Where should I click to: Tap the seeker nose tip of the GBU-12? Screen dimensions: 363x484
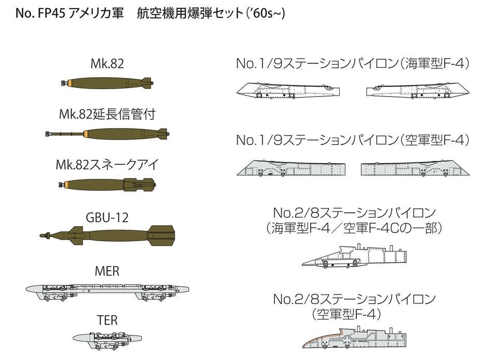pos(41,236)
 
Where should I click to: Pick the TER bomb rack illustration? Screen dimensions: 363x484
pos(107,340)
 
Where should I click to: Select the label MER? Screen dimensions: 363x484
pos(107,271)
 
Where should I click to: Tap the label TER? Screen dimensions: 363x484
pos(107,320)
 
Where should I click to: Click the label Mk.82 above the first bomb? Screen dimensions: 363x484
pos(107,64)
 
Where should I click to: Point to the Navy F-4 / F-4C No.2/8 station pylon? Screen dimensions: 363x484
pos(355,255)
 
